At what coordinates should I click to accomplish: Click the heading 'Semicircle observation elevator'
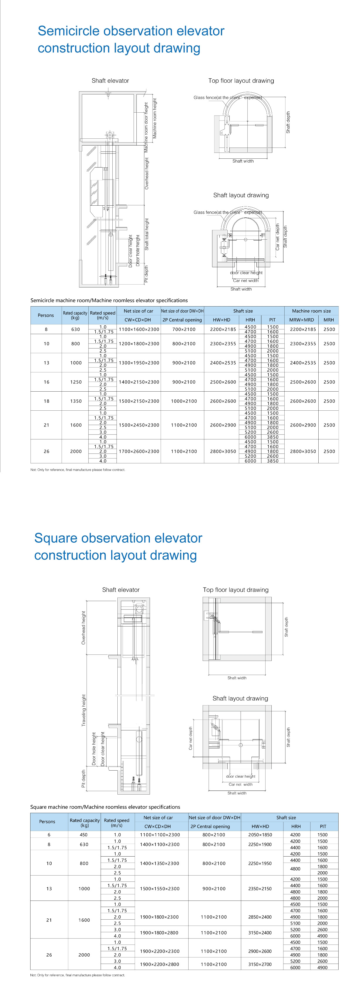[x=131, y=31]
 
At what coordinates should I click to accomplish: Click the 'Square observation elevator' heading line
[x=118, y=538]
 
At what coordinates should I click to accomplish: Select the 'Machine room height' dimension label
[x=155, y=118]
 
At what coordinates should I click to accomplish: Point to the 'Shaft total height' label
[x=147, y=234]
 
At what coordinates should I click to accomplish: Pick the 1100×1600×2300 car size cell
[x=139, y=329]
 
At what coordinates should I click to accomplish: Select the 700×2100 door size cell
[x=184, y=329]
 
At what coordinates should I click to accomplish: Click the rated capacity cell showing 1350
[x=76, y=401]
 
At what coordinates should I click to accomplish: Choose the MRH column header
[x=329, y=320]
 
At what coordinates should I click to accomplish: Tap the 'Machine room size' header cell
[x=311, y=311]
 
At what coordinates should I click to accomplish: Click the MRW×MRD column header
[x=302, y=320]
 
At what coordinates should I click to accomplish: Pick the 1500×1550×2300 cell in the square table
[x=160, y=889]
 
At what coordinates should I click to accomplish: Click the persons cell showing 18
[x=46, y=401]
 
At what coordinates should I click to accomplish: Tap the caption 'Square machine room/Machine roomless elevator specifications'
[x=105, y=807]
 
